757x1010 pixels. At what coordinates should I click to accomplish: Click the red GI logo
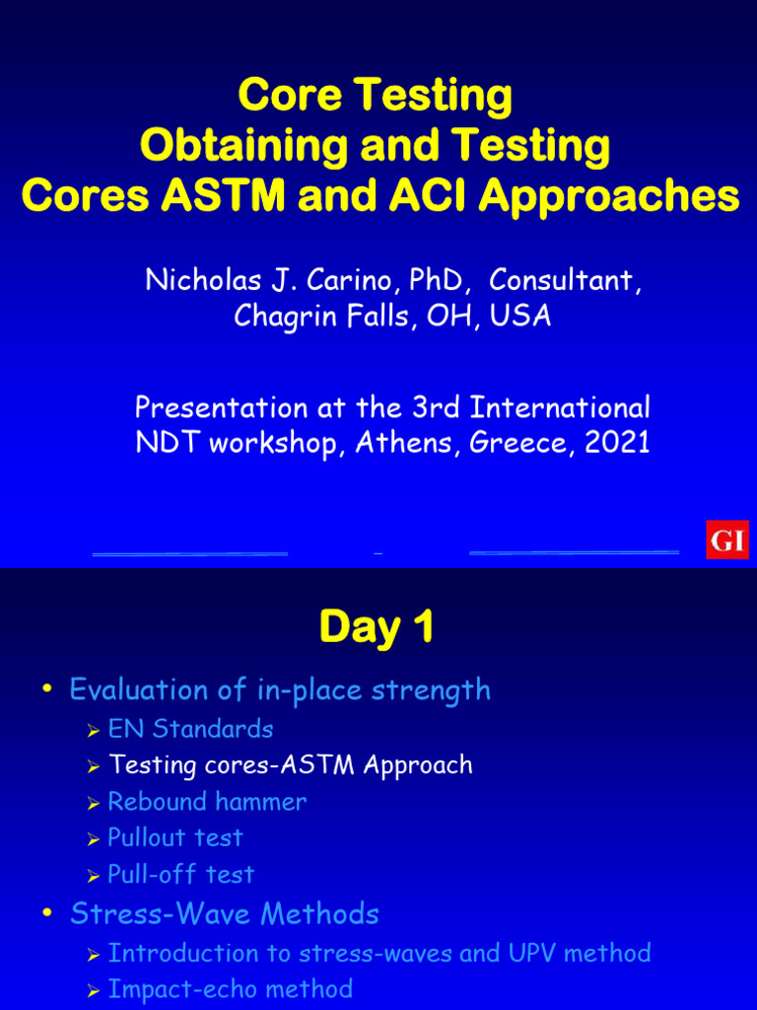(x=727, y=540)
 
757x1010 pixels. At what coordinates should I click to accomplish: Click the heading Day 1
(x=377, y=628)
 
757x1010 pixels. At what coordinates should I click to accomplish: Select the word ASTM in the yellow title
(x=212, y=196)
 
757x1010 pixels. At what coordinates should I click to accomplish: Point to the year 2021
(x=617, y=442)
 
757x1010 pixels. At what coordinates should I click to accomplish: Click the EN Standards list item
(x=190, y=729)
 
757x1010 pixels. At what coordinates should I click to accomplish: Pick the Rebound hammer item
(x=207, y=801)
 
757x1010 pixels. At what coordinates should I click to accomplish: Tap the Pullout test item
(x=174, y=837)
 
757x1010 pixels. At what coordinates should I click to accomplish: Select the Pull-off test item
(x=180, y=874)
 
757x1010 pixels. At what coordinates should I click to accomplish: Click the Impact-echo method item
(x=230, y=988)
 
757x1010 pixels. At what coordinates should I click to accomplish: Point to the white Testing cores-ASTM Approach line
(x=290, y=764)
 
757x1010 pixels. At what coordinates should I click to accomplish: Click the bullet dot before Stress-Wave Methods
(x=46, y=915)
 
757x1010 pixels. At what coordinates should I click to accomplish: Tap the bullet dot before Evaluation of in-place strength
(x=46, y=690)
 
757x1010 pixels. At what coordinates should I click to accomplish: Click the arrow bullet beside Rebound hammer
(x=94, y=803)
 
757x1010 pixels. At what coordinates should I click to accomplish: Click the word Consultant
(x=565, y=280)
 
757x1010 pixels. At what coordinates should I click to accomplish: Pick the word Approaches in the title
(x=609, y=196)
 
